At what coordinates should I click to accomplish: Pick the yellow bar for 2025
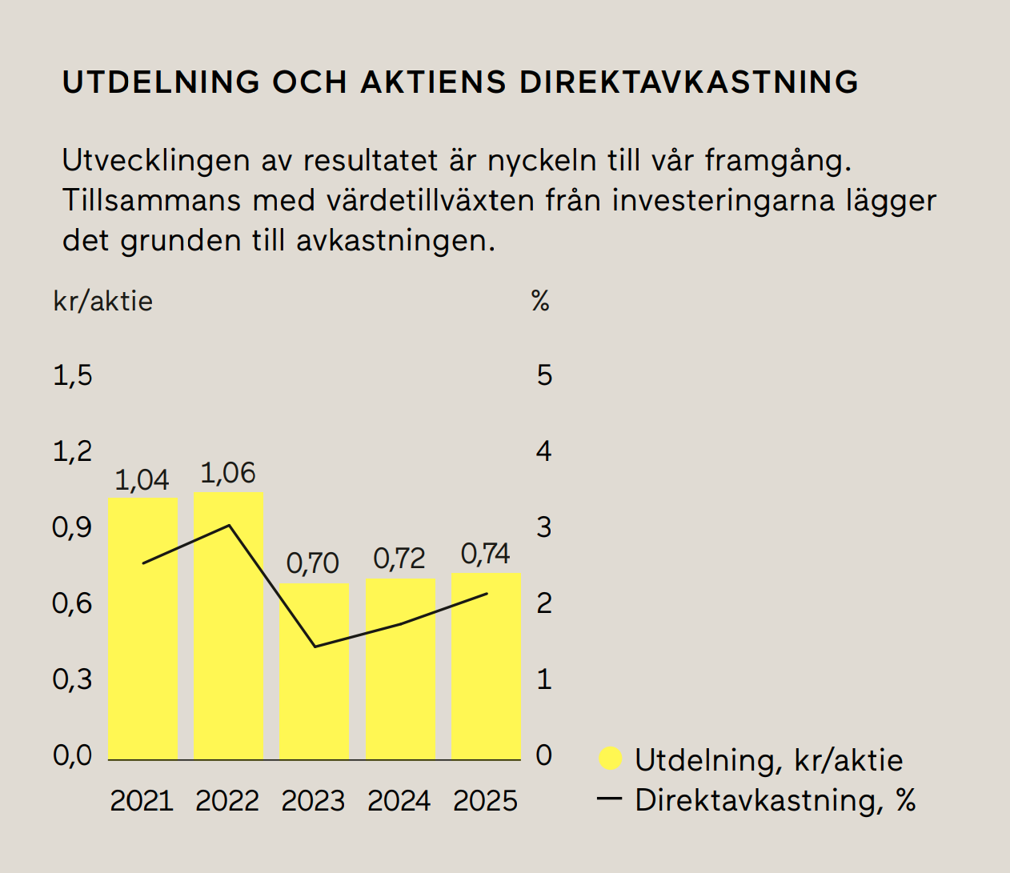click(486, 672)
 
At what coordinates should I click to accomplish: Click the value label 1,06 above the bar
click(228, 474)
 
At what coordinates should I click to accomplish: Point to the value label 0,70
click(313, 563)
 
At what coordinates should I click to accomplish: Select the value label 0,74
click(486, 554)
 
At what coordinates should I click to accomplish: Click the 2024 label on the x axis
click(399, 801)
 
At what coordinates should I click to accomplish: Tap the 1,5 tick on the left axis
click(73, 375)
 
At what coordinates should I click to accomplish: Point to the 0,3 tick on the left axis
click(73, 679)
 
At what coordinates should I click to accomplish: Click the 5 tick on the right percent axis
click(544, 375)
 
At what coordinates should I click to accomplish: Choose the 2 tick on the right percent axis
click(544, 603)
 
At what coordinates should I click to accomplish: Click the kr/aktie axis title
click(102, 302)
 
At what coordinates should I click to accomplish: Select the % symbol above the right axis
click(541, 302)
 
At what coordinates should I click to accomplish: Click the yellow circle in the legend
click(611, 759)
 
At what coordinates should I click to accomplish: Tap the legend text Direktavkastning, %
click(775, 800)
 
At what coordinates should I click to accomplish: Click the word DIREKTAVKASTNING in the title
click(689, 82)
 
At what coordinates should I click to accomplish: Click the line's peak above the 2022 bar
click(229, 526)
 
